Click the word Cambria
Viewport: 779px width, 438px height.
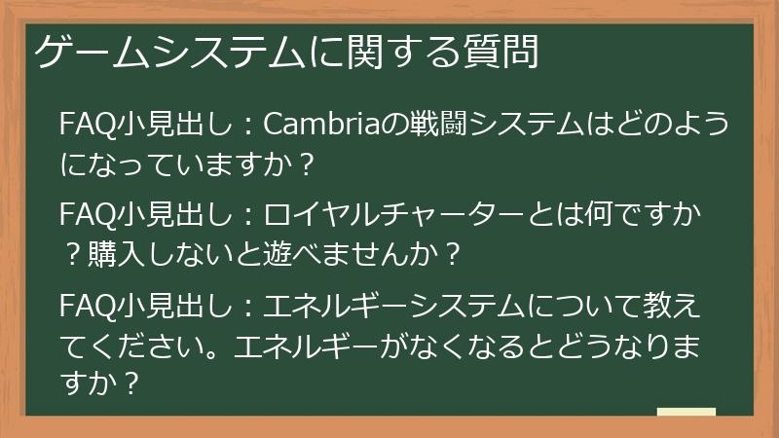coord(315,126)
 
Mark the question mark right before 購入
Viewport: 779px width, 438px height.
coord(73,254)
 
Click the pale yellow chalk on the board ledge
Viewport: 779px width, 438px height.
coord(686,413)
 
